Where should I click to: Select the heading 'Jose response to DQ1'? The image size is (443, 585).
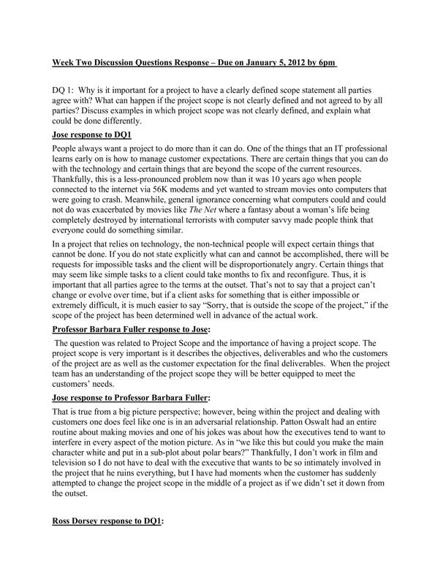click(91, 136)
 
